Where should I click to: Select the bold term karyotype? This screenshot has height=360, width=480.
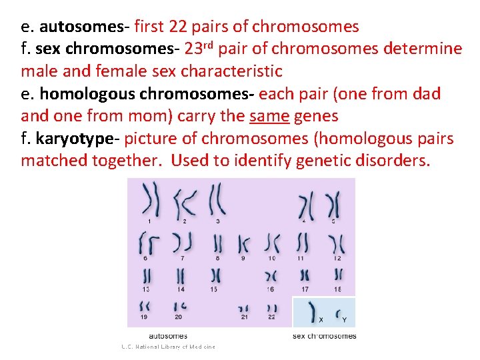[x=77, y=139]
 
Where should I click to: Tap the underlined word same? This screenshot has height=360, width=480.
[x=269, y=116]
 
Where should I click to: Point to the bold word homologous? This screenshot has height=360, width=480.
[x=80, y=94]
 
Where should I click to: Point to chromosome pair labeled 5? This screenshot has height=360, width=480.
[x=333, y=204]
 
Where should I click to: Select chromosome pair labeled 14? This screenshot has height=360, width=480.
[x=181, y=275]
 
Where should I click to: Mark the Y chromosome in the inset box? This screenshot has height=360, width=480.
[x=340, y=311]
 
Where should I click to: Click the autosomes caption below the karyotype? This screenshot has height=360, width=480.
[x=168, y=335]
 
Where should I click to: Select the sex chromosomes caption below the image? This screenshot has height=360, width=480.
[x=325, y=335]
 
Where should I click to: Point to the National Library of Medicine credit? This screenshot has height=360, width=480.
[x=169, y=347]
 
